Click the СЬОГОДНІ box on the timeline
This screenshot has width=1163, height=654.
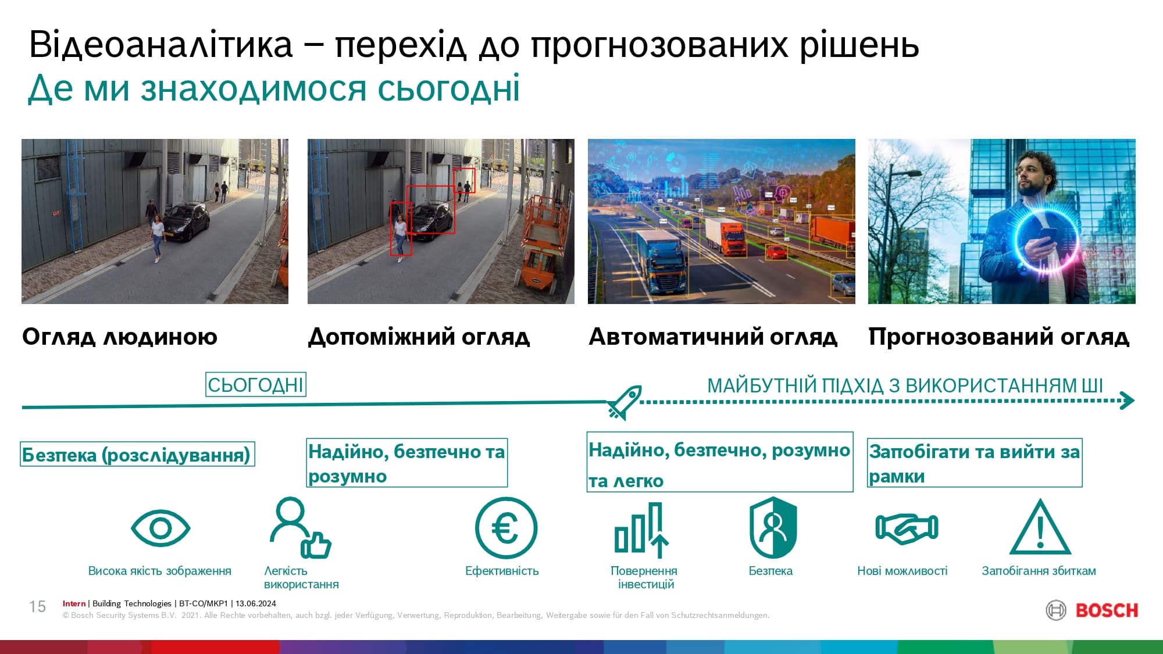click(256, 385)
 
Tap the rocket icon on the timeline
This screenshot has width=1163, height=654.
click(625, 402)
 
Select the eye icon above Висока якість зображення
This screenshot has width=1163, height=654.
click(160, 528)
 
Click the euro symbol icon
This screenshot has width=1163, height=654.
click(506, 528)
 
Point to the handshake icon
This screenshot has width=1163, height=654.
click(907, 528)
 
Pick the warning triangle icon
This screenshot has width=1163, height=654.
click(1040, 527)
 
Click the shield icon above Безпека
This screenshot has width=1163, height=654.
click(773, 527)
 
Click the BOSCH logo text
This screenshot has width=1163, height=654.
click(1107, 610)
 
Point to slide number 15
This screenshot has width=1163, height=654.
click(37, 607)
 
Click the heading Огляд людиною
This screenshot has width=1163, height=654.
click(120, 337)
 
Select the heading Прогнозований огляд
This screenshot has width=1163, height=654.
click(998, 337)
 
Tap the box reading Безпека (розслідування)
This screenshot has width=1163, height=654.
click(137, 455)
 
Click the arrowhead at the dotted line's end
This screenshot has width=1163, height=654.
click(1128, 401)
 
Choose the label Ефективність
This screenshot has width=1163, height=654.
click(502, 571)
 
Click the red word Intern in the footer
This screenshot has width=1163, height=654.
click(74, 603)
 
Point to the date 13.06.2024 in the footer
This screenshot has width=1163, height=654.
click(256, 603)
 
